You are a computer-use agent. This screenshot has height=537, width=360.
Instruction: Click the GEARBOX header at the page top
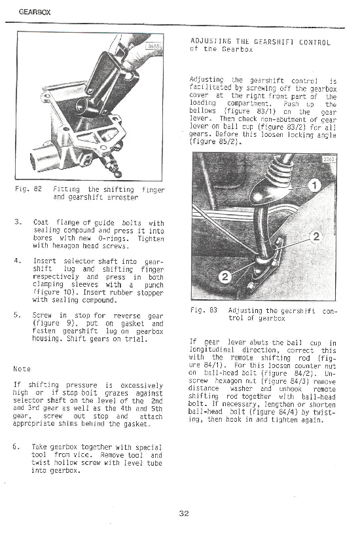click(30, 11)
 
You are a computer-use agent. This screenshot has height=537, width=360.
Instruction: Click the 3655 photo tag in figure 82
click(154, 47)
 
